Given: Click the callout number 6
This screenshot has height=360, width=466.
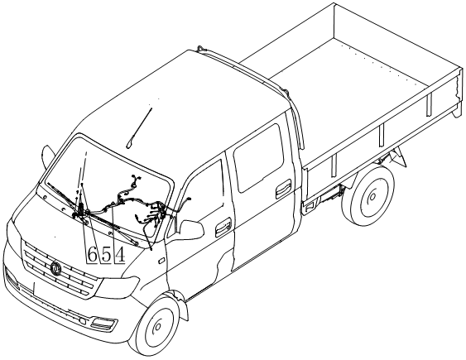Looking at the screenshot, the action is pos(93,255).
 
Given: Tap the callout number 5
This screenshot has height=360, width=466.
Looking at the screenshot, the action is pos(107,255).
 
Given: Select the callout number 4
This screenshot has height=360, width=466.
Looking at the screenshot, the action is pos(120,255).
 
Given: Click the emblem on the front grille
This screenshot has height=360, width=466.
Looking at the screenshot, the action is pos(55,268).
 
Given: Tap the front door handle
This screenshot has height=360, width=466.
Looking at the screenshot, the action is pos(223,227).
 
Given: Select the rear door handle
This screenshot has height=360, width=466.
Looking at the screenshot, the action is pos(284,189).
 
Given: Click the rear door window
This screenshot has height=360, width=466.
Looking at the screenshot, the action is pos(258,157).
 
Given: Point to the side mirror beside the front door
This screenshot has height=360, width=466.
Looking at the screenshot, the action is pos(192,229).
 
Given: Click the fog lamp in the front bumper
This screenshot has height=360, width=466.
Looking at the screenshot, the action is pos(103,324).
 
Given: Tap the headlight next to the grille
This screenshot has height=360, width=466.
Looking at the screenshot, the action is pos(118,286).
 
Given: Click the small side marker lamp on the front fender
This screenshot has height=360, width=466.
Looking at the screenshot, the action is pos(161,261).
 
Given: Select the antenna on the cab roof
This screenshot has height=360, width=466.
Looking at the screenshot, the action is pos(139,128).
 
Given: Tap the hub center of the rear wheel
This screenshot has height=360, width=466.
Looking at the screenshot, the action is pos(372,196).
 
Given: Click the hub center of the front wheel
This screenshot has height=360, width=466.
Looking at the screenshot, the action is pos(157,327).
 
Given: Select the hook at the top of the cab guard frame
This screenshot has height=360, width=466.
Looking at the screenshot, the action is pos(201,49).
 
